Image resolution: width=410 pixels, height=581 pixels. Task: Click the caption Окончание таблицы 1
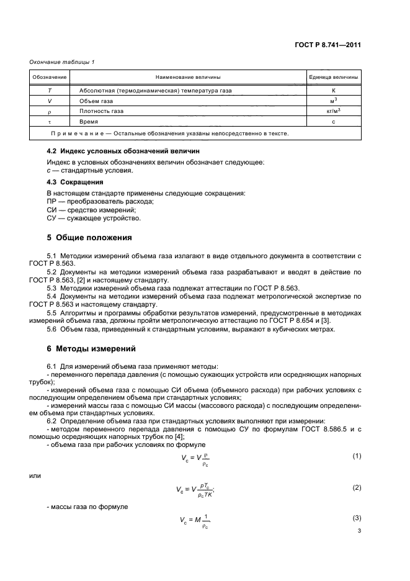tap(61, 62)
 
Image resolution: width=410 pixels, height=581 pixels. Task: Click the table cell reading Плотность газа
tap(101, 112)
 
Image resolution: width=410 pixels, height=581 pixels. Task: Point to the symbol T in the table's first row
tap(49, 91)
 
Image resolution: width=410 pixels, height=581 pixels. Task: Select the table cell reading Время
tap(89, 122)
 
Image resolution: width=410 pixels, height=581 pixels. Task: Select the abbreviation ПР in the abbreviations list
tap(53, 201)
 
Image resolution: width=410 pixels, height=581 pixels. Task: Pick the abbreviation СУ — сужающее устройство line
tap(94, 218)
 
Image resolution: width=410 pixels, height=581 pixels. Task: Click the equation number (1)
tap(357, 456)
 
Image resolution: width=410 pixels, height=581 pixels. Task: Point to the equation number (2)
tap(357, 487)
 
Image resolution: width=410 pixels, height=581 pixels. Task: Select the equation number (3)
tap(357, 518)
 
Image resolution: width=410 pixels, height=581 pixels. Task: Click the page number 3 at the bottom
tap(359, 531)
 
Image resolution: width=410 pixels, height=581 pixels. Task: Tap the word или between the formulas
tap(36, 476)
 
